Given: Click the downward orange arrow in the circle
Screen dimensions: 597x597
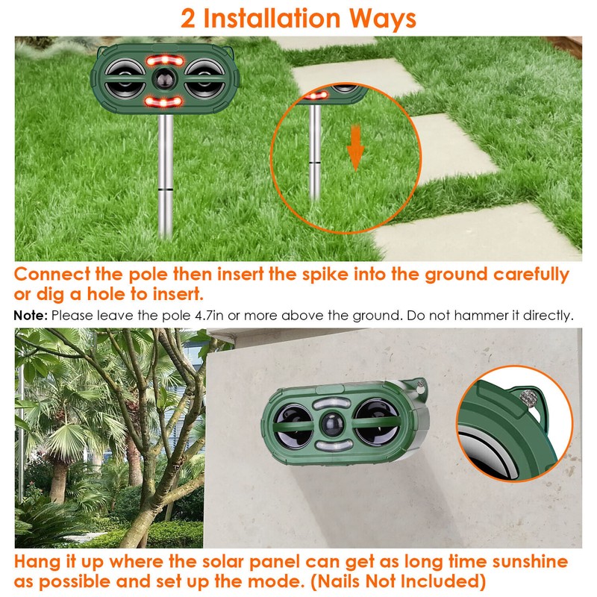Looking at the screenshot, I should tap(355, 149).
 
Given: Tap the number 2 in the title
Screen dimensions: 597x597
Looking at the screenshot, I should tap(190, 18).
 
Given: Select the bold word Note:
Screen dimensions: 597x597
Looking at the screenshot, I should tap(31, 316).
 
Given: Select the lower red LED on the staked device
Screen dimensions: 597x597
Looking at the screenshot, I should tap(163, 100).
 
